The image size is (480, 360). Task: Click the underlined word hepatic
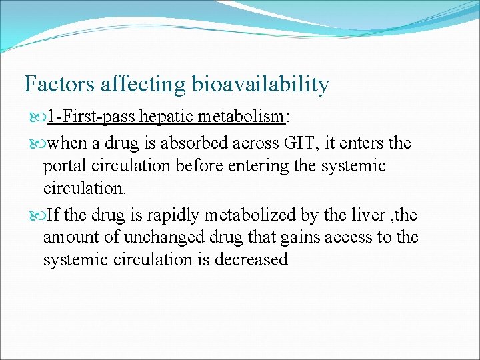point(163,117)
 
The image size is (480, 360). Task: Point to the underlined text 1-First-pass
point(91,117)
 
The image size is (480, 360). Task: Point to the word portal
point(63,166)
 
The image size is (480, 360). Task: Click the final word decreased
point(251,259)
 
